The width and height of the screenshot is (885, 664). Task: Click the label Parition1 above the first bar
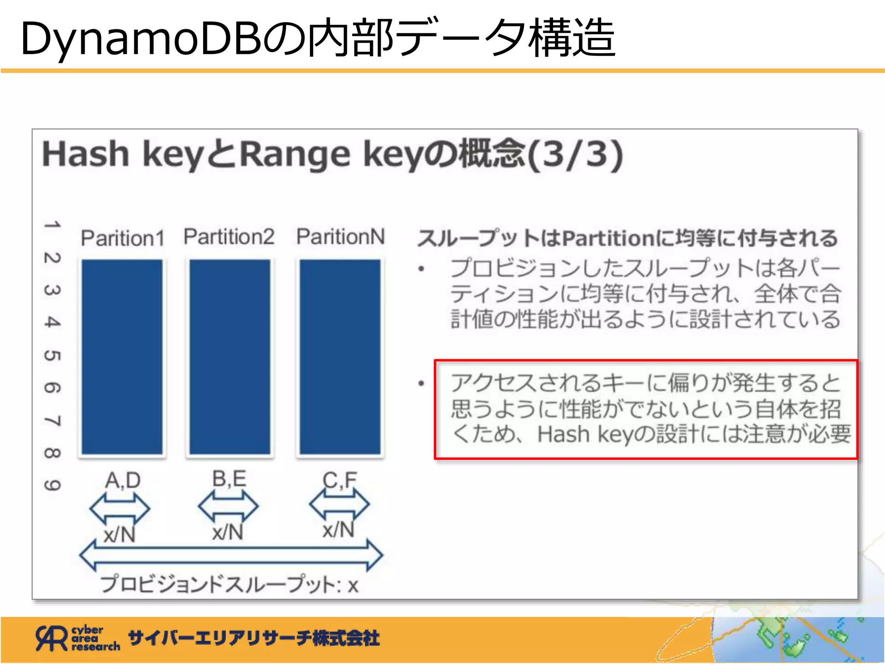point(123,238)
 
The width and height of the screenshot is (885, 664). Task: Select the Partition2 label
point(229,237)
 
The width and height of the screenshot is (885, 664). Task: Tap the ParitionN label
point(341,237)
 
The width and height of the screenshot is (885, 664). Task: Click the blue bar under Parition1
point(122,357)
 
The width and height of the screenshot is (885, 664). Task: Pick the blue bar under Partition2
point(230,357)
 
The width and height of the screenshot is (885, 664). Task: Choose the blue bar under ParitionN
point(340,357)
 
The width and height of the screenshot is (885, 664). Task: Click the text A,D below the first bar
point(123,480)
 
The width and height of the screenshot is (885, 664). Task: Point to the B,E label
point(229,479)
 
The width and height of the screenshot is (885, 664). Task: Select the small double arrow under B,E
point(228,506)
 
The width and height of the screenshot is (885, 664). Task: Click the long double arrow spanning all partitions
point(231,555)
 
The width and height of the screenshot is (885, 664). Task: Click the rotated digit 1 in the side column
point(52,225)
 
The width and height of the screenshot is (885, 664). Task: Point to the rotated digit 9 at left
point(52,485)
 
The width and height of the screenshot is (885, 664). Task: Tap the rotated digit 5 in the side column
point(52,355)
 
